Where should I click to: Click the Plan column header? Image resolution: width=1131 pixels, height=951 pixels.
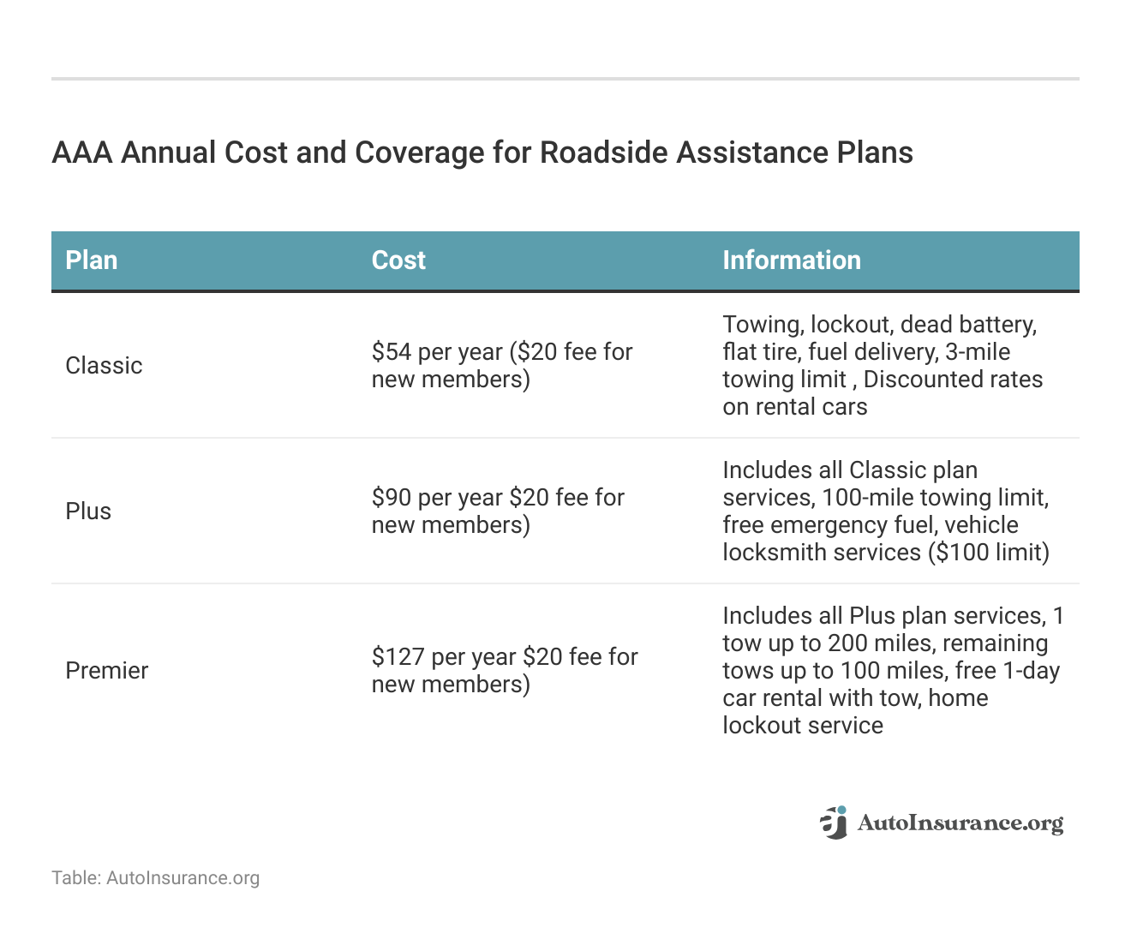(x=92, y=260)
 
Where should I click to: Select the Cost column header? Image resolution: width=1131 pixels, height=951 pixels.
(x=398, y=260)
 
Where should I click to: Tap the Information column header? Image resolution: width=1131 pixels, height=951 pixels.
(x=792, y=260)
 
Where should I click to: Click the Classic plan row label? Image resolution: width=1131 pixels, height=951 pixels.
(x=104, y=366)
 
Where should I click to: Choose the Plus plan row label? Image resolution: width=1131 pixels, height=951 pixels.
(x=88, y=511)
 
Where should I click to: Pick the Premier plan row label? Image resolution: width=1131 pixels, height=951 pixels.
(x=107, y=671)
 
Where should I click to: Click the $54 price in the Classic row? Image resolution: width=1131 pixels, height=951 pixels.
(x=391, y=352)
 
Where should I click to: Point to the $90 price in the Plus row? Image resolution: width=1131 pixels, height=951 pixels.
(x=392, y=498)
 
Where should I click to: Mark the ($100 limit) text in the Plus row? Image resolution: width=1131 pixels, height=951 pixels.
(x=989, y=553)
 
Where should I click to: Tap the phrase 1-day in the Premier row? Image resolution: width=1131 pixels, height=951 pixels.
(x=1032, y=671)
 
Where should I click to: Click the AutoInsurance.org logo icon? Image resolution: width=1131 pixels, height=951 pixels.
(x=834, y=822)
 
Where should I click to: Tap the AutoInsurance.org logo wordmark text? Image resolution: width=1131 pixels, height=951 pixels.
(x=960, y=823)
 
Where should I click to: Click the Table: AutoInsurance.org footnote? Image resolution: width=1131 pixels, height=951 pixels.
(x=155, y=878)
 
